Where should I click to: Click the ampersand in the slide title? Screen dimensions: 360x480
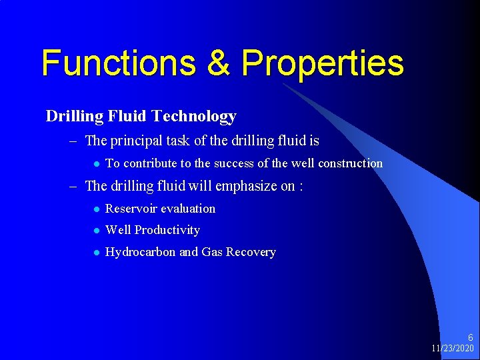[219, 63]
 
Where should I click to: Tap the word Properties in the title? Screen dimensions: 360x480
[323, 64]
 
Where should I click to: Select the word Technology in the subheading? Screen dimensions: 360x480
[194, 116]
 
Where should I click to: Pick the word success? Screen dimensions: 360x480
[233, 163]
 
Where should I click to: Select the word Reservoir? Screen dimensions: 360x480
[131, 209]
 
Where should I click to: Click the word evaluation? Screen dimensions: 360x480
[188, 209]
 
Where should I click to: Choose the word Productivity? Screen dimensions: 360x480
[167, 230]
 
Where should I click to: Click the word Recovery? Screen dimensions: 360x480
[251, 252]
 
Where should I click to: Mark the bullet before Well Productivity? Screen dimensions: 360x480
[96, 231]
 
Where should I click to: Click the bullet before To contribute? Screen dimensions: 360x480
[96, 164]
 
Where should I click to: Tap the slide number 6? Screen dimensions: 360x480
[470, 338]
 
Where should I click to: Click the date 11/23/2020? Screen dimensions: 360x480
[452, 349]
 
